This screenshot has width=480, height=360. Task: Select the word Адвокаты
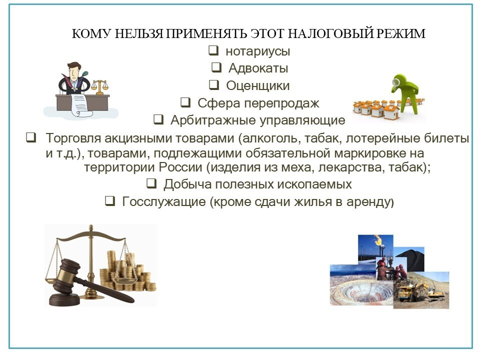pos(258,68)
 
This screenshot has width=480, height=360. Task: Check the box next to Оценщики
pos(214,85)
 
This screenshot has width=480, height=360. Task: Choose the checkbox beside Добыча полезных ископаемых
pos(151,183)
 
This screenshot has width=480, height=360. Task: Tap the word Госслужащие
pos(164,201)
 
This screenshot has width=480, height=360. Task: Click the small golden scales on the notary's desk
pos(100,86)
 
